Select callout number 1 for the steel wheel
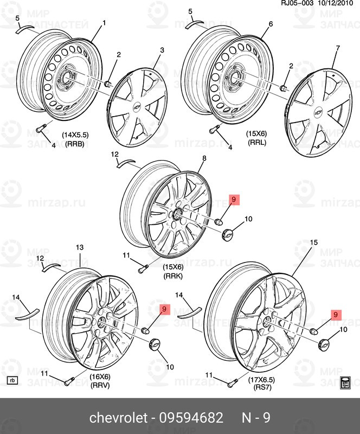(x=104, y=23)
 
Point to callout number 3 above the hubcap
(x=162, y=50)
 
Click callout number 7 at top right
(x=337, y=49)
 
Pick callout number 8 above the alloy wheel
(x=204, y=158)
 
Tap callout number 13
(x=79, y=247)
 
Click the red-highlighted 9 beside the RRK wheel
(x=234, y=200)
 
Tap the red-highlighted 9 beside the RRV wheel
(x=165, y=309)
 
